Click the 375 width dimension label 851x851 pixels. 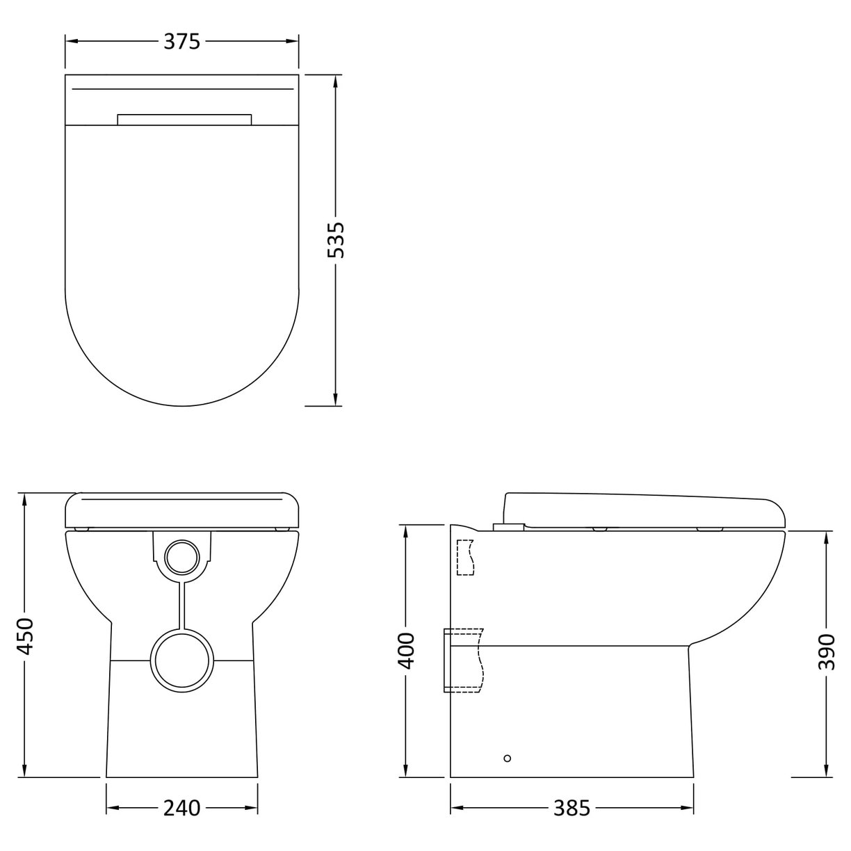tap(182, 42)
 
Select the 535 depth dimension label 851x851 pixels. tap(336, 240)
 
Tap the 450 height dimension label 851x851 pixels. tap(25, 635)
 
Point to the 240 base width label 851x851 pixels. tap(181, 808)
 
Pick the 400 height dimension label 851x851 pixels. tap(406, 650)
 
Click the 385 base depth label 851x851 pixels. tap(572, 808)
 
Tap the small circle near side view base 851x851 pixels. tap(507, 757)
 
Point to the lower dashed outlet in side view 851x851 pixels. tap(464, 660)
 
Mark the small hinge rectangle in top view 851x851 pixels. tap(184, 119)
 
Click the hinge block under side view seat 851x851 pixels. tap(508, 526)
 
